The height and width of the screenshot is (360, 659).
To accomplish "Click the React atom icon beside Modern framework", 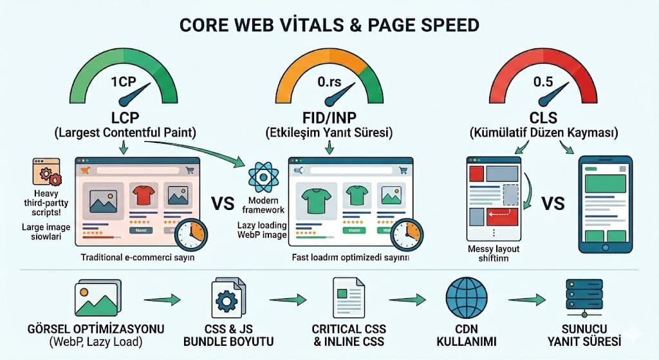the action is coord(262,175).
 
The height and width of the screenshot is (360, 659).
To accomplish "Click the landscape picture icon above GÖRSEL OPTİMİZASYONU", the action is coord(95,297).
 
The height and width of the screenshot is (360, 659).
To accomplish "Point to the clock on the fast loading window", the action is coord(406,234).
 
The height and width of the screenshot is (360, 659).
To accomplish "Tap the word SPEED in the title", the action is coord(445,25).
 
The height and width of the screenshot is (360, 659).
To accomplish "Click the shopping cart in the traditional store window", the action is coord(190,170).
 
